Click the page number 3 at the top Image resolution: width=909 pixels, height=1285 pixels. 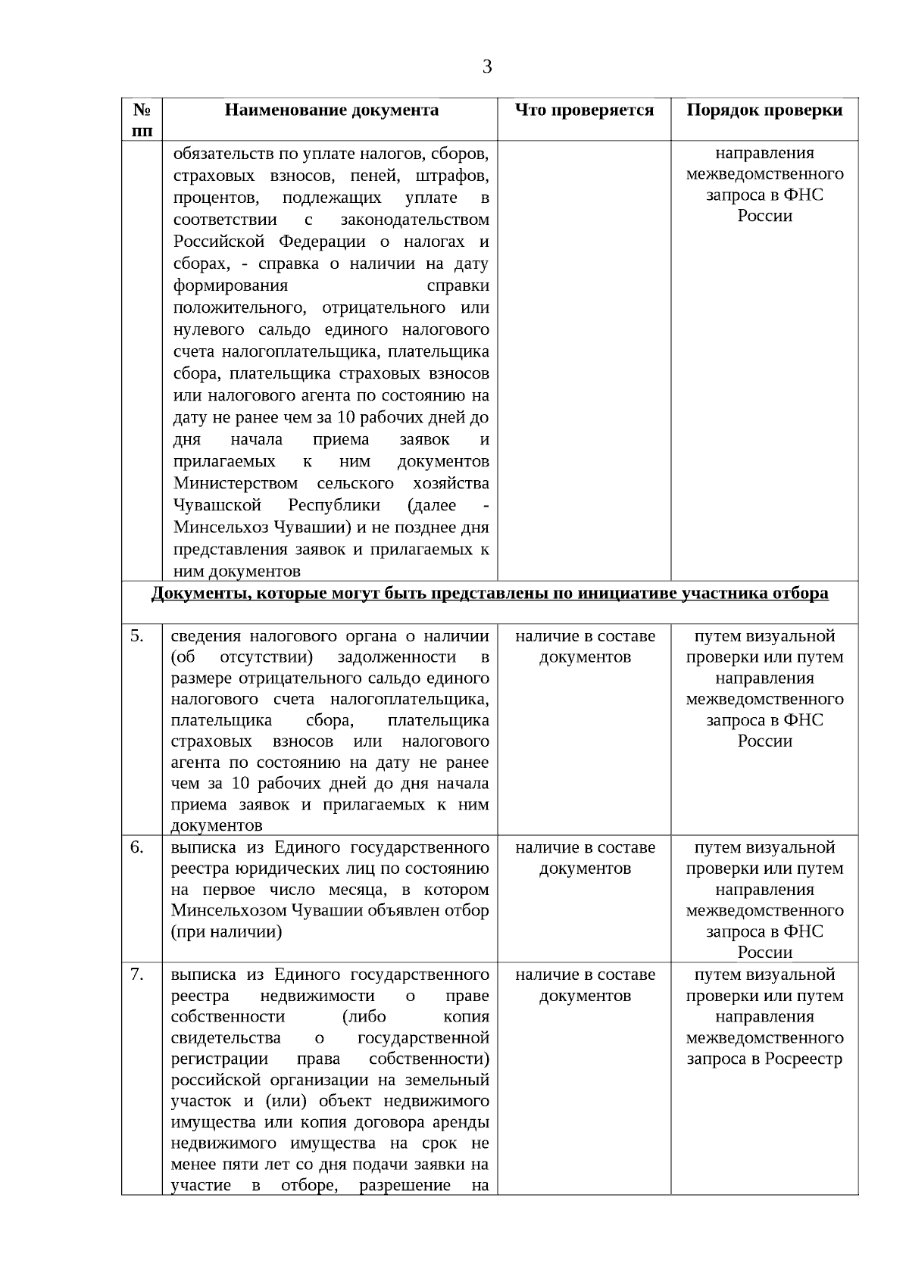click(x=487, y=67)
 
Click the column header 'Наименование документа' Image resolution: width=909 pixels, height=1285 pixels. click(x=331, y=111)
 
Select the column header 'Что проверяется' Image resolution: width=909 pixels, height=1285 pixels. click(x=584, y=111)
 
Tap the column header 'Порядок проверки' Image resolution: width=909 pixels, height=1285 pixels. click(x=764, y=111)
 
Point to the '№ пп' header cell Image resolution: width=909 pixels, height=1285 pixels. click(x=142, y=120)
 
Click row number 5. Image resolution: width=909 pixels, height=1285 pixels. click(x=137, y=636)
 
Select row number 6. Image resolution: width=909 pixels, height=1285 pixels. click(x=137, y=847)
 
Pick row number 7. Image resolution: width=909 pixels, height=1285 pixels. click(x=137, y=975)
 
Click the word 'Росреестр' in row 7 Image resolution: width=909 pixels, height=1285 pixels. click(x=804, y=1059)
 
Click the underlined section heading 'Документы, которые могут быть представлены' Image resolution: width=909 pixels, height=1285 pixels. click(x=489, y=594)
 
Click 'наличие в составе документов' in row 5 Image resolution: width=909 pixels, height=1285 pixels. click(x=585, y=647)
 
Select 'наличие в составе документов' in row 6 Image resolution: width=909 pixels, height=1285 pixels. click(x=585, y=858)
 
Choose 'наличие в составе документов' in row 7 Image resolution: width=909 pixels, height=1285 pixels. click(x=585, y=985)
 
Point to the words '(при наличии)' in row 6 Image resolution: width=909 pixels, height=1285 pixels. click(x=226, y=932)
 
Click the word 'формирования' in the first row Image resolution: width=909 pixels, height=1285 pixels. click(x=231, y=286)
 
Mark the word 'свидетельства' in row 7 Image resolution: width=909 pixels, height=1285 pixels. click(x=226, y=1038)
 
